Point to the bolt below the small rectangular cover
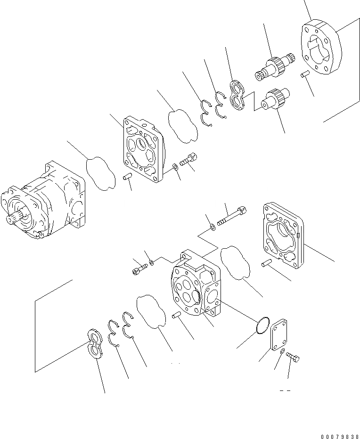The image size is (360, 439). tap(293, 359)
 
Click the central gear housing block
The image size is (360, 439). tap(195, 286)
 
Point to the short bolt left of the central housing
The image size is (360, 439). tap(140, 269)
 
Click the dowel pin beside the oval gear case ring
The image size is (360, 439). tap(304, 74)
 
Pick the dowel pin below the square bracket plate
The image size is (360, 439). tap(126, 178)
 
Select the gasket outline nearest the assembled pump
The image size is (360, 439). tap(100, 173)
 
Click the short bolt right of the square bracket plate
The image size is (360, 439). tap(189, 159)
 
